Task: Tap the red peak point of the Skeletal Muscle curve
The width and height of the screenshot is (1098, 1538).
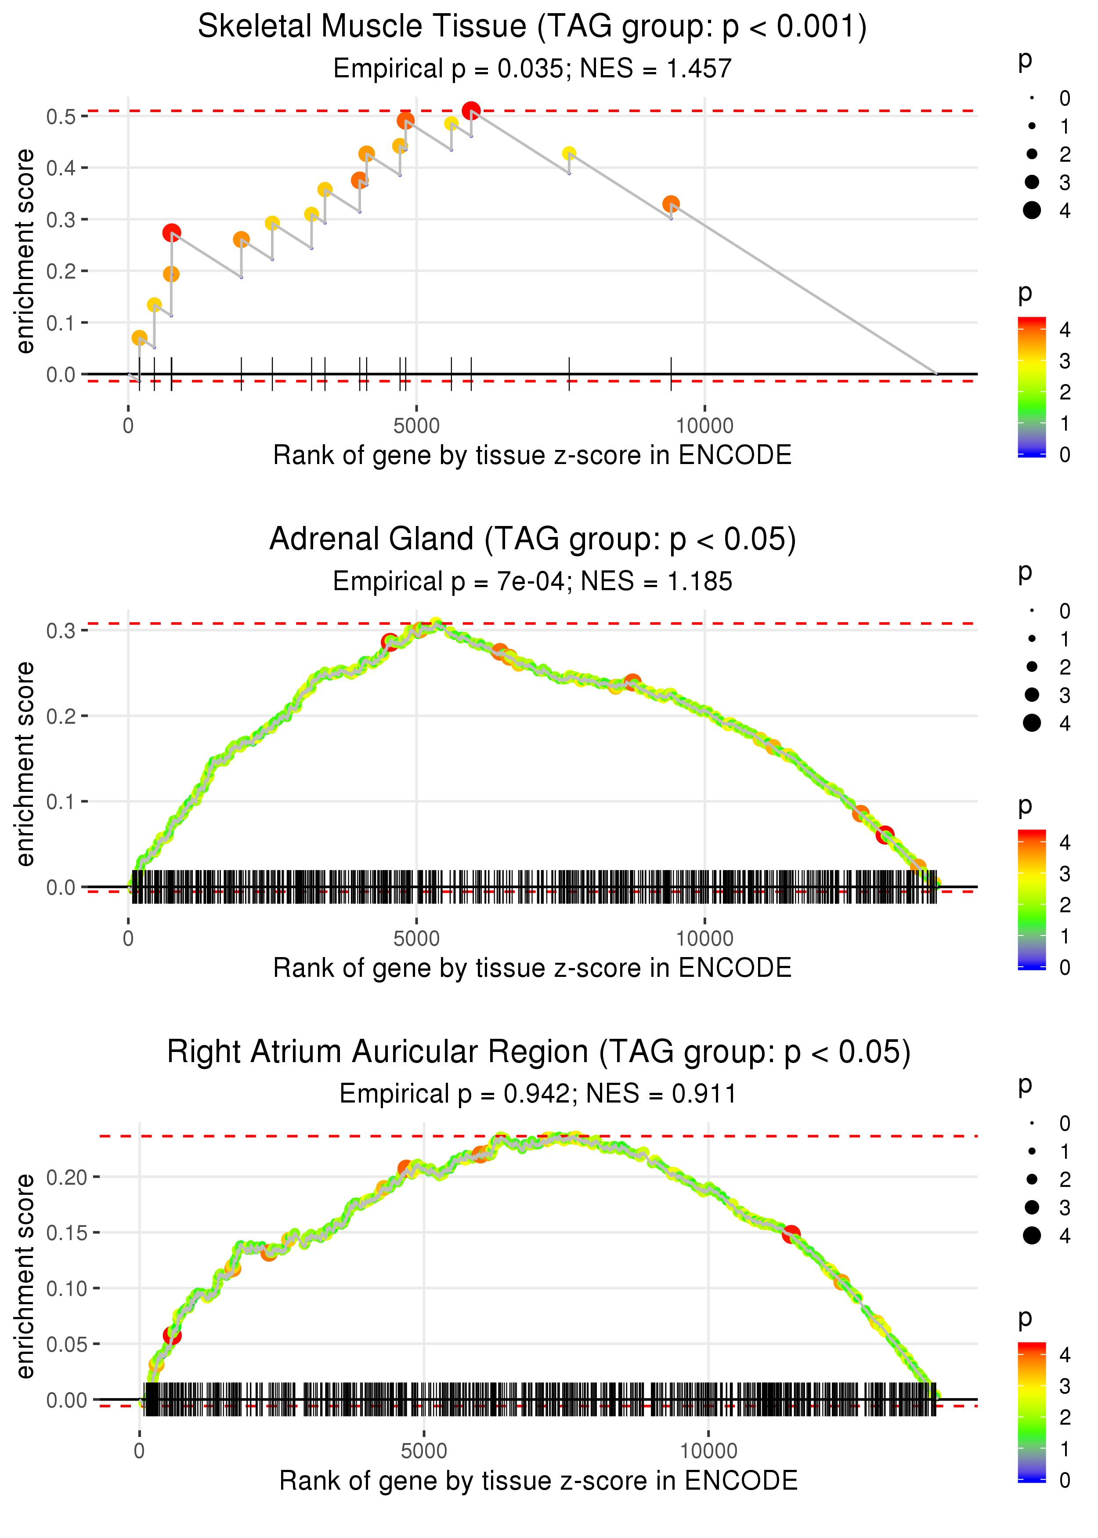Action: click(471, 110)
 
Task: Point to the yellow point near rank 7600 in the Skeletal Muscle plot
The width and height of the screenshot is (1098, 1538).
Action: click(569, 153)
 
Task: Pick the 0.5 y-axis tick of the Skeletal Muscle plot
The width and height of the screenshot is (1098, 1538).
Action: click(61, 116)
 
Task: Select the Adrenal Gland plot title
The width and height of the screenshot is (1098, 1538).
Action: click(532, 540)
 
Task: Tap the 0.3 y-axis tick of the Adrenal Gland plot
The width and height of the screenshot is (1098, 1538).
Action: click(61, 630)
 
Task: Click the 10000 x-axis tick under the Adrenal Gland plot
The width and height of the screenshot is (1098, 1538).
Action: click(704, 938)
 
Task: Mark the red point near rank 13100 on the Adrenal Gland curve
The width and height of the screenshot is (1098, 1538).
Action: click(885, 835)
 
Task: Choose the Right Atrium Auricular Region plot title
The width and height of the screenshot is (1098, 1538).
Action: click(539, 1052)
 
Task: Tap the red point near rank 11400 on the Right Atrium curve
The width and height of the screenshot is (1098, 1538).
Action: click(791, 1234)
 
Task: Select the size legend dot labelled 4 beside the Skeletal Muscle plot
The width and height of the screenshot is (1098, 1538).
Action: click(1032, 210)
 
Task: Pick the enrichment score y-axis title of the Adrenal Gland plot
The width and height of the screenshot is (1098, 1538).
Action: click(25, 764)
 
